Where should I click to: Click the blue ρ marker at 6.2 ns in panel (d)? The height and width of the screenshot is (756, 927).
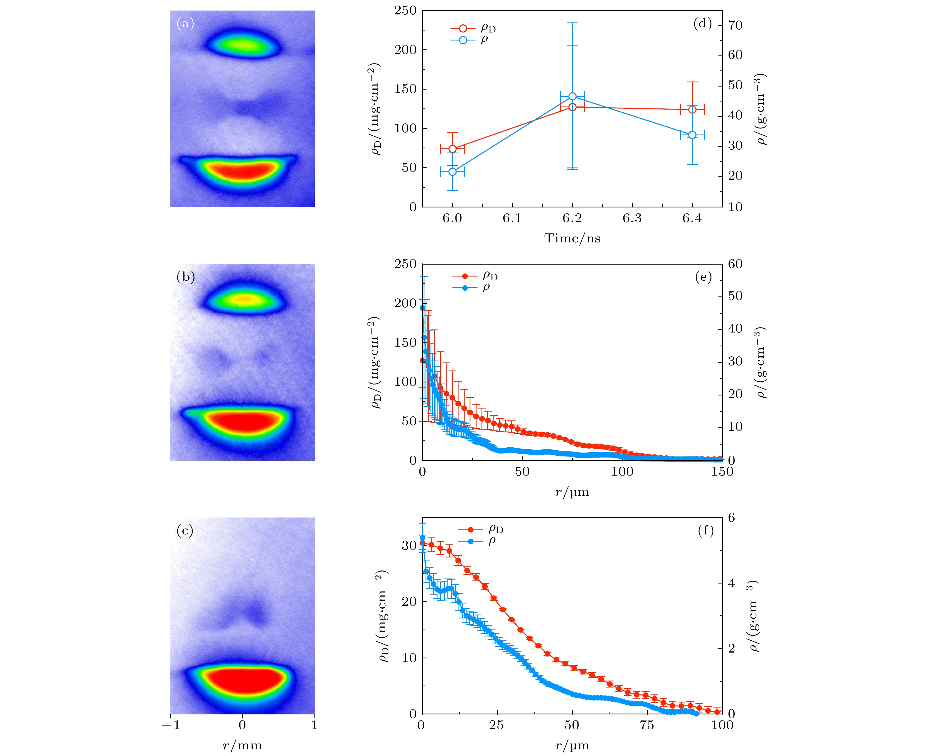(572, 96)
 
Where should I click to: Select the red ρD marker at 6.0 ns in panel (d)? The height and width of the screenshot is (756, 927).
(452, 149)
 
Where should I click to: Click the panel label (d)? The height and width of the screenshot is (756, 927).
(702, 24)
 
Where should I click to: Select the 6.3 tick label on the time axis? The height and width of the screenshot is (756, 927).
(632, 218)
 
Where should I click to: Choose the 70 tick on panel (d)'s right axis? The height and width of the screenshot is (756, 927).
(735, 25)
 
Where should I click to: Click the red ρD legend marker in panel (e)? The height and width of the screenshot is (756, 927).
(465, 276)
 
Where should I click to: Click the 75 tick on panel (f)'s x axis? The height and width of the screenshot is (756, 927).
(647, 725)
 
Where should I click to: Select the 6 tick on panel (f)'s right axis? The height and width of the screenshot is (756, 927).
(732, 518)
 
